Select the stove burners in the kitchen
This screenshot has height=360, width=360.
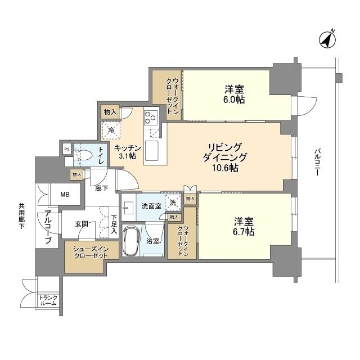pos(151,117)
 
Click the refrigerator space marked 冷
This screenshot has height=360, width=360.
pos(111,130)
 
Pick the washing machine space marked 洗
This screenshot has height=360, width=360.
pos(173,202)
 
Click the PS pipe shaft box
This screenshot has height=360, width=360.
pos(67,150)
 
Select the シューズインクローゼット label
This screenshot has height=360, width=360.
pos(91,250)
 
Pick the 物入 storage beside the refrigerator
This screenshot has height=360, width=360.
pos(110,112)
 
